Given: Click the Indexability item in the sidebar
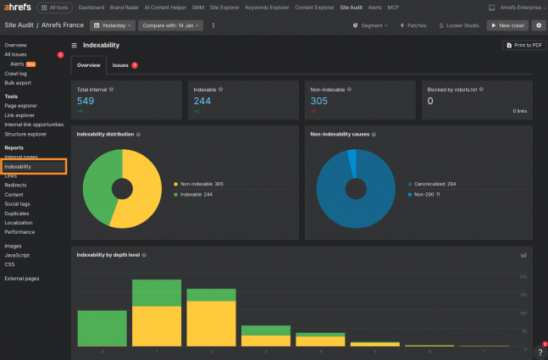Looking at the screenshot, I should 18,167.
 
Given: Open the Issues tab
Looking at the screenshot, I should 121,64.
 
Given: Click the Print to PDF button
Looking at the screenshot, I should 523,45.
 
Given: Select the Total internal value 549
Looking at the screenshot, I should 85,101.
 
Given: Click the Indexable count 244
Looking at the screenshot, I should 202,101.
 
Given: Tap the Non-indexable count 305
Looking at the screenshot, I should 318,101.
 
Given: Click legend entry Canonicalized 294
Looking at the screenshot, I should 435,183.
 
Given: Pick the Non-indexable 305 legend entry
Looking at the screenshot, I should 200,184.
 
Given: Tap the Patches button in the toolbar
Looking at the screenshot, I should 412,25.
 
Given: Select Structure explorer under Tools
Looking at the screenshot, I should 25,134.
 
